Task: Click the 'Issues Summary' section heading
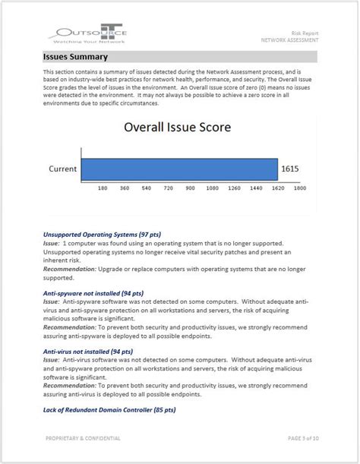[x=76, y=57]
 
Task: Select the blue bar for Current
[x=178, y=169]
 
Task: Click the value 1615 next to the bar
[x=291, y=169]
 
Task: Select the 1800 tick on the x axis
[x=299, y=187]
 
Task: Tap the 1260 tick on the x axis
[x=234, y=187]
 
